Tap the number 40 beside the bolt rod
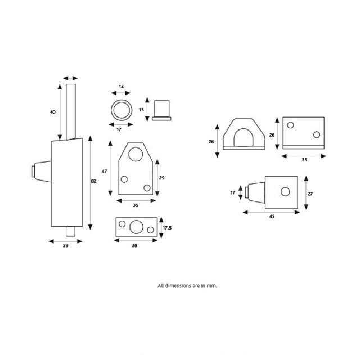(x=52, y=112)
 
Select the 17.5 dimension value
(x=166, y=227)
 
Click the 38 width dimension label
(x=135, y=245)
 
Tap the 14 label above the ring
(x=121, y=87)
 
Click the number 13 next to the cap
(x=141, y=109)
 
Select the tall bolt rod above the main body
(x=71, y=111)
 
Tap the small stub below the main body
(x=70, y=231)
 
